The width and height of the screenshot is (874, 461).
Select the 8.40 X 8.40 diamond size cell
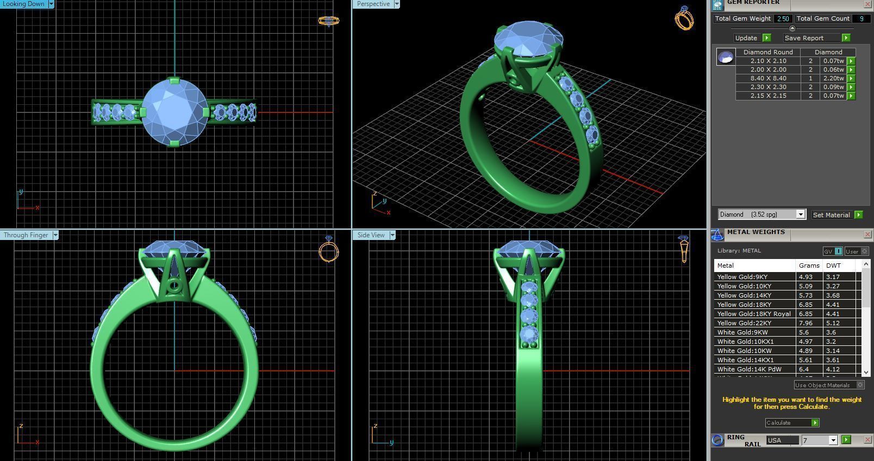(x=768, y=78)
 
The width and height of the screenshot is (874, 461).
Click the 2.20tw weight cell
(x=833, y=78)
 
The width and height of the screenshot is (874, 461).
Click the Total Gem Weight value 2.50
(x=783, y=18)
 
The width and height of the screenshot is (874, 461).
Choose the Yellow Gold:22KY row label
(x=744, y=323)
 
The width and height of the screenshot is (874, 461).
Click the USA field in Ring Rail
(x=782, y=440)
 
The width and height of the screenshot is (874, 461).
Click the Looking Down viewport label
(x=24, y=4)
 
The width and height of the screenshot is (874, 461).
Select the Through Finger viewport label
(x=26, y=235)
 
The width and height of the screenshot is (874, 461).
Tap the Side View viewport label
(x=371, y=235)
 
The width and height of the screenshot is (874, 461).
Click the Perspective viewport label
(x=373, y=4)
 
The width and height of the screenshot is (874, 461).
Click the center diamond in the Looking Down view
(x=174, y=112)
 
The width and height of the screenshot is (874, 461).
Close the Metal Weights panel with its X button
(x=867, y=235)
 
